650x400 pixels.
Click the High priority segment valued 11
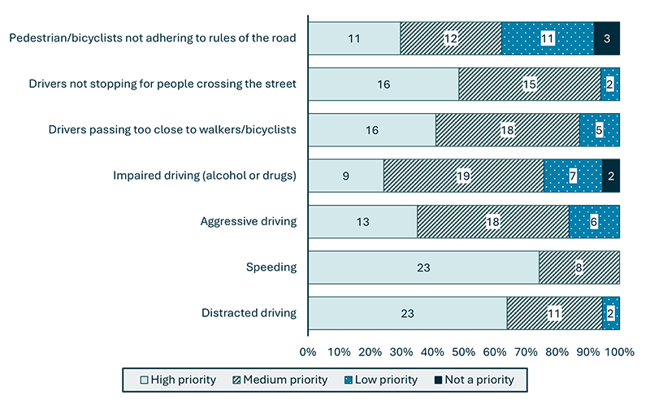354,38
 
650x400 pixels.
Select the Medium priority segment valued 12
451,38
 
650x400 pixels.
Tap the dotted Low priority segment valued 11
548,38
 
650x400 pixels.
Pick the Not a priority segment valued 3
607,38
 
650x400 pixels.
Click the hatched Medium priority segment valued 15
530,85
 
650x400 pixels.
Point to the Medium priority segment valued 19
463,176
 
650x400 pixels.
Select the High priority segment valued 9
346,176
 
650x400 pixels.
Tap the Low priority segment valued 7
573,176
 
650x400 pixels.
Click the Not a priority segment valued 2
611,176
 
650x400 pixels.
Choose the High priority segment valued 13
363,221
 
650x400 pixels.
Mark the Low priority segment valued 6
594,221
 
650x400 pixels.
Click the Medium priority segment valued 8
578,267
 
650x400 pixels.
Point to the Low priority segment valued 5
599,130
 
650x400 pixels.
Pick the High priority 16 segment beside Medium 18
372,130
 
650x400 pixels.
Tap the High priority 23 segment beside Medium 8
423,267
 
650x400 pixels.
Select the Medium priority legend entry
280,380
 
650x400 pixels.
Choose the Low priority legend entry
382,380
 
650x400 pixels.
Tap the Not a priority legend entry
475,380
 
